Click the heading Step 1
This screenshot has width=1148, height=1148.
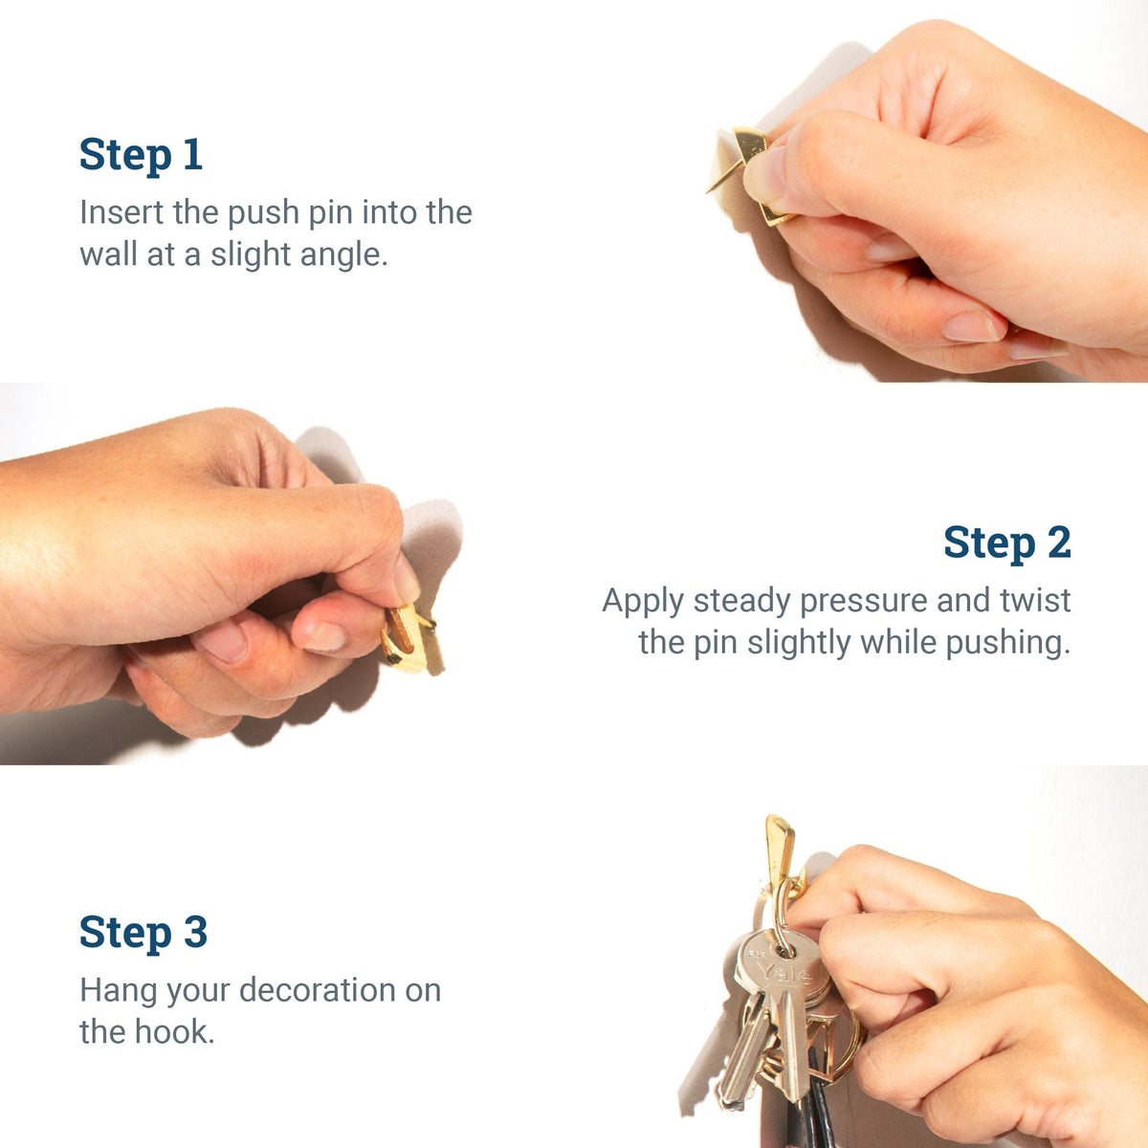pyautogui.click(x=141, y=155)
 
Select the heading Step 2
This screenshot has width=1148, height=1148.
pyautogui.click(x=1006, y=542)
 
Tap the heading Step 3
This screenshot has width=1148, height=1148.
pyautogui.click(x=143, y=932)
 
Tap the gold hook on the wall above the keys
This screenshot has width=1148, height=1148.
pyautogui.click(x=779, y=847)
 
